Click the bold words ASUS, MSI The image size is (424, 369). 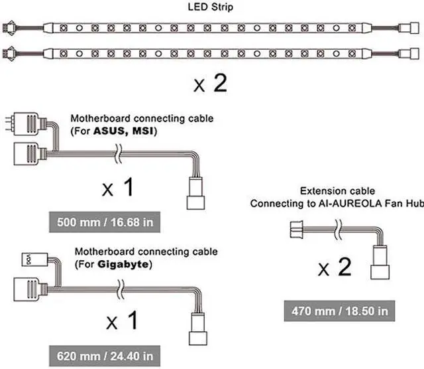click(x=121, y=132)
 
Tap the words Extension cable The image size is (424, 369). click(x=328, y=190)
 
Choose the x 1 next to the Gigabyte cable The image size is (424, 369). click(x=123, y=322)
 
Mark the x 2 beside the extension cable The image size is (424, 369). click(x=334, y=269)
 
